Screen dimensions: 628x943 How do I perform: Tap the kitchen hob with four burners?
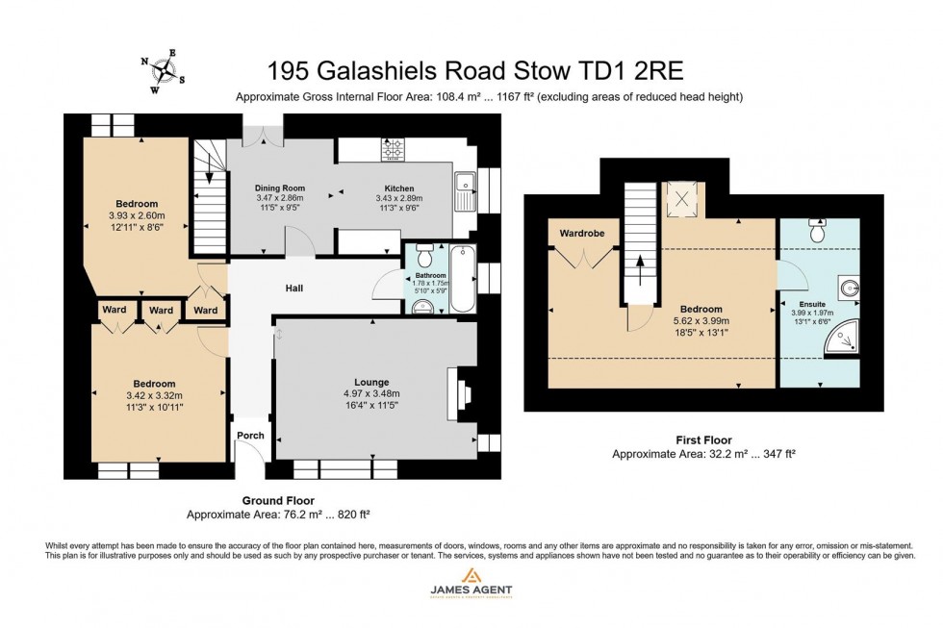click(x=395, y=150)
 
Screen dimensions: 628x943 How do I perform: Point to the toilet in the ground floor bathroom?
click(x=421, y=307)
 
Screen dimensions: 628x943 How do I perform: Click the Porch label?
click(x=250, y=435)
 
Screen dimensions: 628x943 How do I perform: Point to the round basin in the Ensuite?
click(x=847, y=286)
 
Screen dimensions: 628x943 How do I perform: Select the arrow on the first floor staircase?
click(x=640, y=265)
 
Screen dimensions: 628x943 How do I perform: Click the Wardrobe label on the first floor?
click(x=581, y=232)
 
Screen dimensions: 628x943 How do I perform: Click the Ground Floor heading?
click(x=278, y=500)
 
